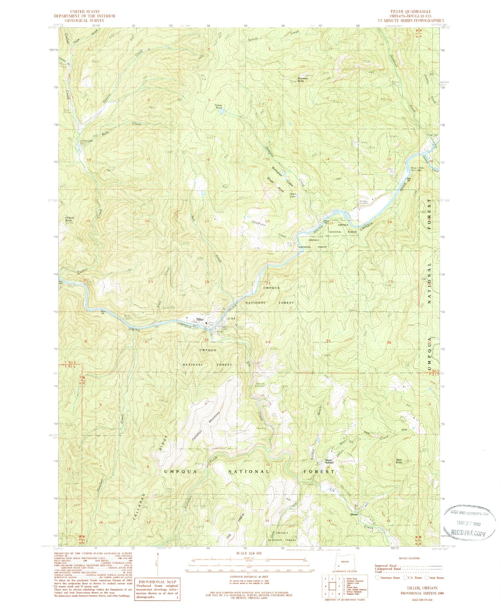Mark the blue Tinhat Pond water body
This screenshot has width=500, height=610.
222,112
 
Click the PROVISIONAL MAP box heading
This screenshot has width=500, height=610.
158,582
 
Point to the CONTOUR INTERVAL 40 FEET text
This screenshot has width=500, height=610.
249,577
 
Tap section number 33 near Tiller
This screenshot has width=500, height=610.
206,340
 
